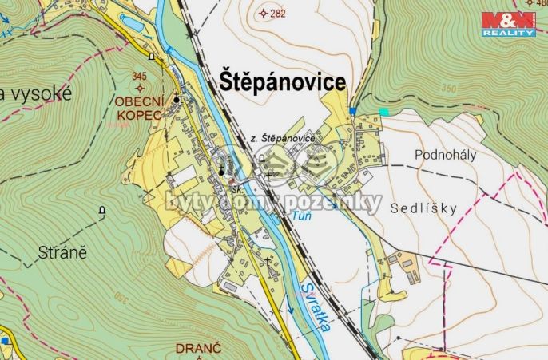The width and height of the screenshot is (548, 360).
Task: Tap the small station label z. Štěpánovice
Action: pos(283,138)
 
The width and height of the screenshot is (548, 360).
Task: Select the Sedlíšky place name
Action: pos(424,208)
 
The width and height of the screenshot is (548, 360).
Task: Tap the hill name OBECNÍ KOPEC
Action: pos(138,109)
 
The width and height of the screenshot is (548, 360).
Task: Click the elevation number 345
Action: pos(140,77)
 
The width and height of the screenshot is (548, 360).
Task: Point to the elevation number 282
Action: pos(277,14)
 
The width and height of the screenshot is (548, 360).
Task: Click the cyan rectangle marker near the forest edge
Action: pos(383,112)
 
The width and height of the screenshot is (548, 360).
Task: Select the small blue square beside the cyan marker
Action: pos(351,111)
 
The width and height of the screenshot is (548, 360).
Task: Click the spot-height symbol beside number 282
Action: pos(264,13)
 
